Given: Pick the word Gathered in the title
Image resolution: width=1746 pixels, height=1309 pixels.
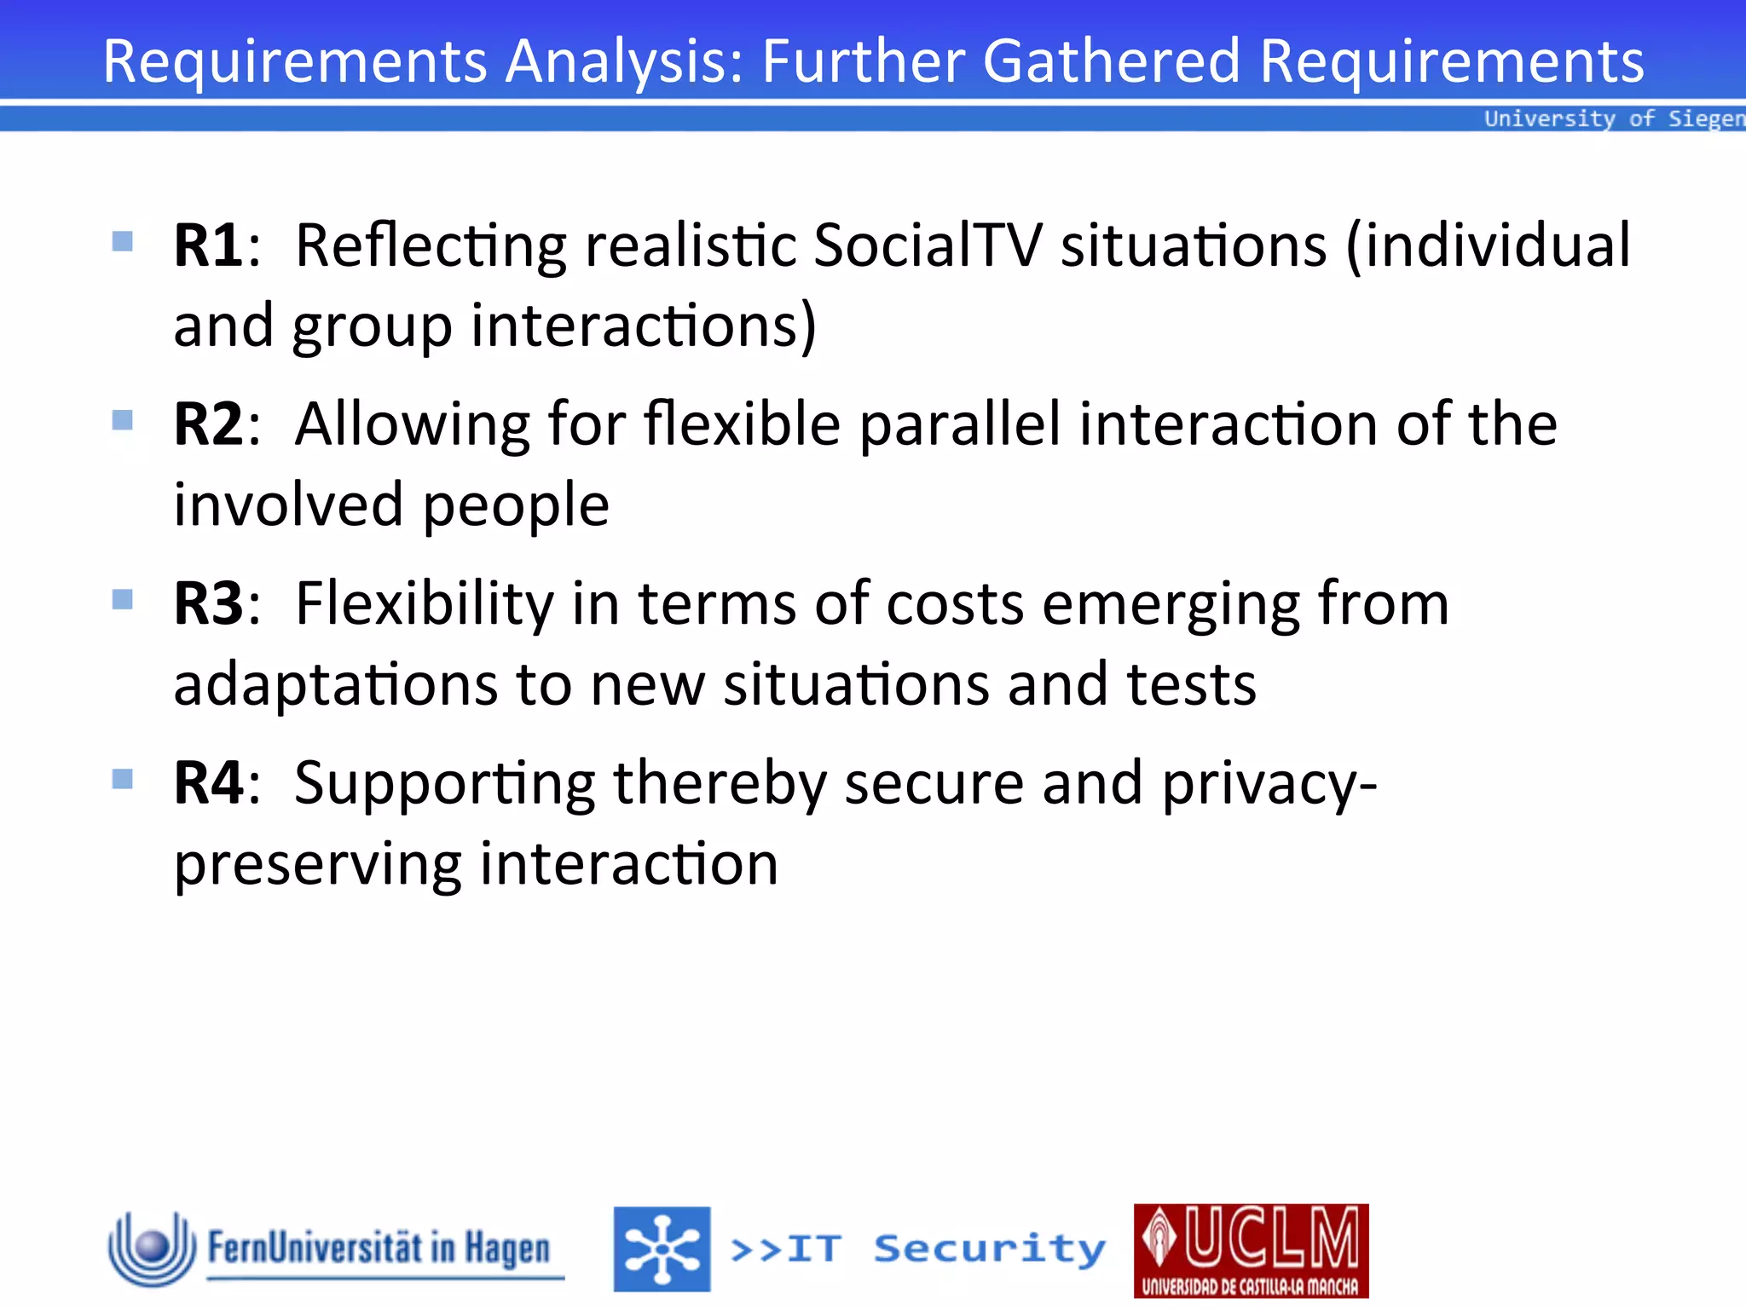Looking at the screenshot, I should tap(1111, 61).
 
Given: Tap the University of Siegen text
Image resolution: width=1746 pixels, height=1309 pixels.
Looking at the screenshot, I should tap(1613, 118).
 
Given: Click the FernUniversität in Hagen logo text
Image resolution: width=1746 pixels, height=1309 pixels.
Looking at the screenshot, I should tap(379, 1248).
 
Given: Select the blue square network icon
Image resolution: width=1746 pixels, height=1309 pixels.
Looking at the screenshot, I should tap(662, 1248).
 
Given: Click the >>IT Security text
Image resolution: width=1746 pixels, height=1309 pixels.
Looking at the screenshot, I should tap(918, 1249).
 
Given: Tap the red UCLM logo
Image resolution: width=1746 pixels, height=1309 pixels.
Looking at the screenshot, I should tap(1251, 1250).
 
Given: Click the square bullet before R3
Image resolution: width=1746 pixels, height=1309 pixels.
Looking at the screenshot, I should tap(123, 600).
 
